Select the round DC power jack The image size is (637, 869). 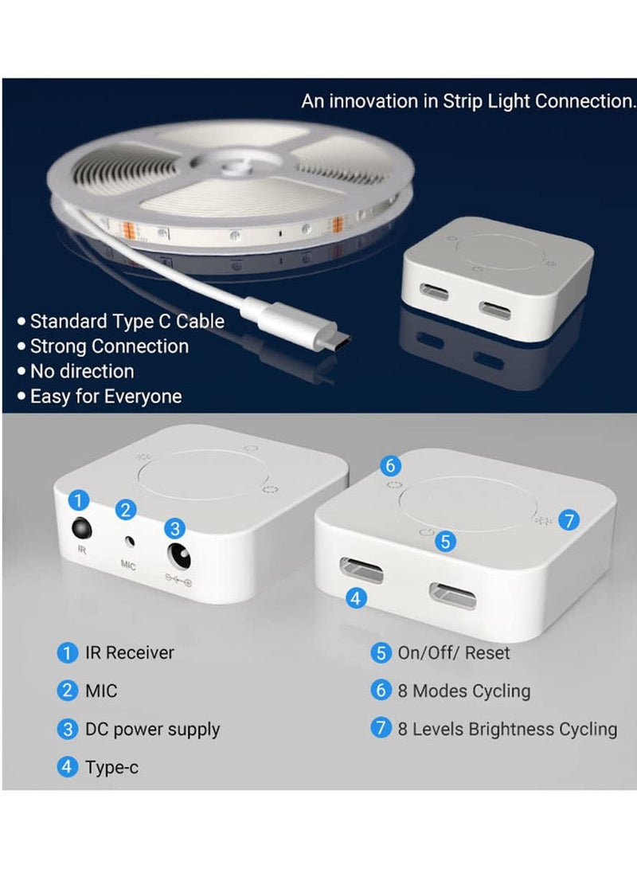tap(179, 557)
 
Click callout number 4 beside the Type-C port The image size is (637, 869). tap(356, 597)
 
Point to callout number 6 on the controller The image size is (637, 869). tap(390, 465)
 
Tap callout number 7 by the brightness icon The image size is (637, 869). tap(569, 520)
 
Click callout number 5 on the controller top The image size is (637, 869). tap(445, 541)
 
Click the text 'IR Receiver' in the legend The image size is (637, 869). tap(130, 652)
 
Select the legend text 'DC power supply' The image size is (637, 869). tap(152, 730)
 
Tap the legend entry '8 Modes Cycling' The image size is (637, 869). tap(463, 691)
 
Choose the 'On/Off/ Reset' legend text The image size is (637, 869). tap(454, 653)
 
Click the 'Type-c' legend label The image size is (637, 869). tap(112, 768)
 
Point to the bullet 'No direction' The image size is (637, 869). tap(82, 370)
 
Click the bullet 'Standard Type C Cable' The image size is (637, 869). tap(127, 321)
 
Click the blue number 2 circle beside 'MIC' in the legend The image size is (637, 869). tap(68, 691)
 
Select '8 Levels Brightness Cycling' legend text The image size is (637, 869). tap(507, 730)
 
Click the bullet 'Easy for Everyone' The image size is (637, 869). tap(106, 396)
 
